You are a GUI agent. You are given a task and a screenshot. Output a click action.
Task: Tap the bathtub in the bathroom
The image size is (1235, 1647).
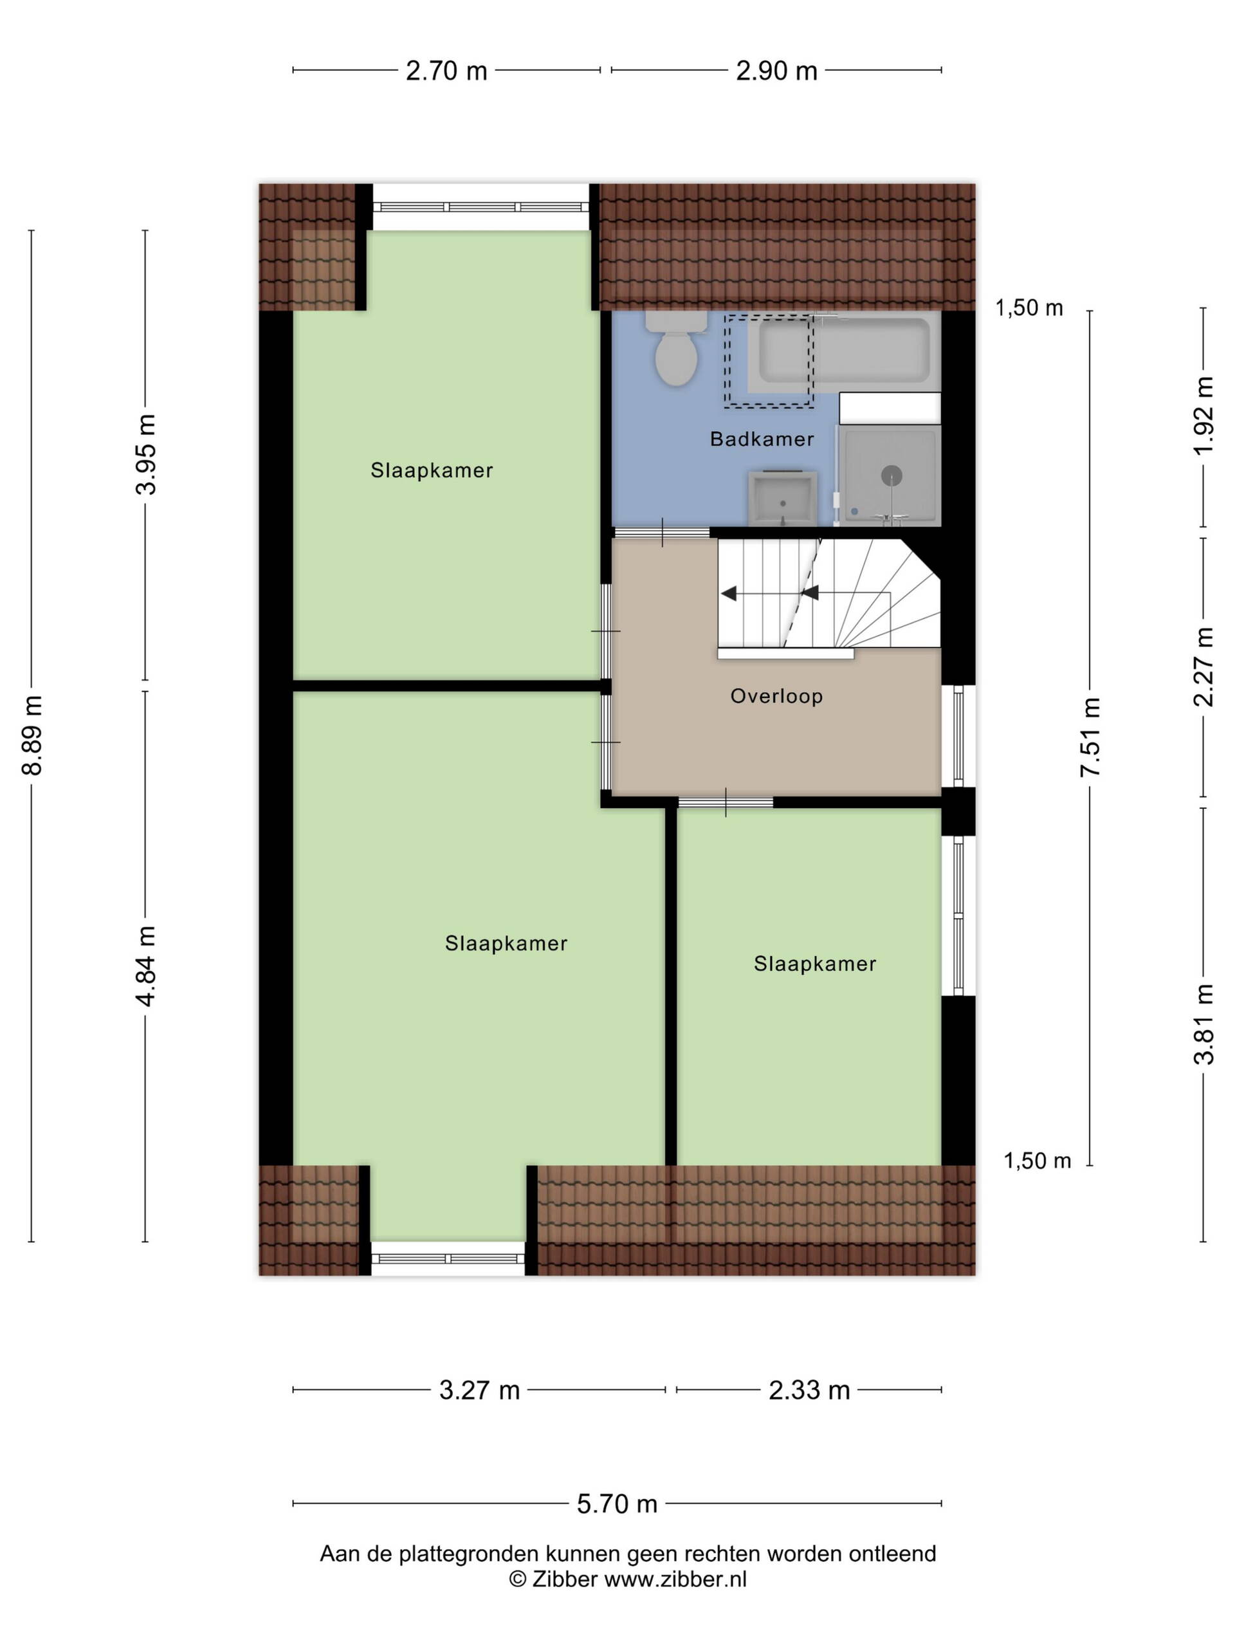click(843, 351)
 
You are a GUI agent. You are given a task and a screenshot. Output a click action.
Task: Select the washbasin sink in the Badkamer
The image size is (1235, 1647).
click(782, 497)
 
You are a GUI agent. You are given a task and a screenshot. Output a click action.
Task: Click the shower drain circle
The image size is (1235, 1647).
click(891, 475)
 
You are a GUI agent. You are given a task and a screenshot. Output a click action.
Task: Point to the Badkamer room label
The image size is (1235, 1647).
click(762, 439)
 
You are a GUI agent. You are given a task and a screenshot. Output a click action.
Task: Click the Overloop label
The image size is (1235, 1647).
click(776, 696)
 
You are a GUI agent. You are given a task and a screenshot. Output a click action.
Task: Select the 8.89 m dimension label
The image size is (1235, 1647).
click(32, 734)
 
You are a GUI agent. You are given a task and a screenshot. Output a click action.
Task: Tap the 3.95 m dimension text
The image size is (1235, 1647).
click(146, 454)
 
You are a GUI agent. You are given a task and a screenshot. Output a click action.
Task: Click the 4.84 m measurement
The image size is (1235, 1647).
click(146, 966)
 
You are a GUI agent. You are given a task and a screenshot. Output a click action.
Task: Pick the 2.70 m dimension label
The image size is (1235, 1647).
click(446, 71)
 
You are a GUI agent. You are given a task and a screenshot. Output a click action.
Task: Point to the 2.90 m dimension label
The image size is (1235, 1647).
click(776, 71)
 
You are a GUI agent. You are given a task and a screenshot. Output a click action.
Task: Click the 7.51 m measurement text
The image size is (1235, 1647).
click(1090, 737)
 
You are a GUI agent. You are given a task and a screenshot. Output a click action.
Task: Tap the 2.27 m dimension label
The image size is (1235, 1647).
click(1203, 667)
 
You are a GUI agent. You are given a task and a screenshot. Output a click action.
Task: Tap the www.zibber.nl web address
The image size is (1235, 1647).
click(675, 1579)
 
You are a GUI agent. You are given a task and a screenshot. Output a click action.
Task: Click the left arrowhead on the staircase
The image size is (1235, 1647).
click(728, 593)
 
